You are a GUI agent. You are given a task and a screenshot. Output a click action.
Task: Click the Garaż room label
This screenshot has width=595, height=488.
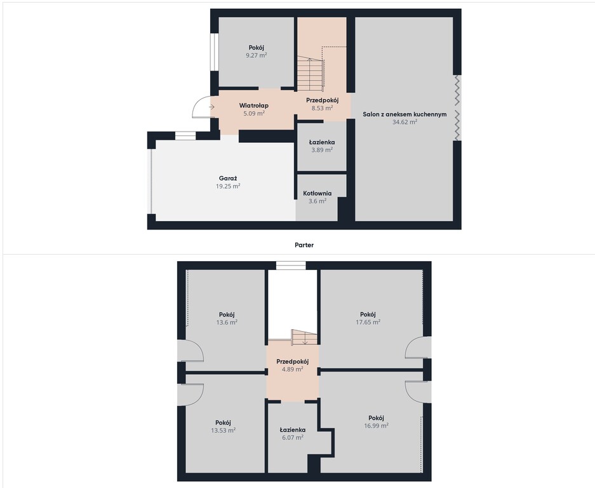(x=229, y=179)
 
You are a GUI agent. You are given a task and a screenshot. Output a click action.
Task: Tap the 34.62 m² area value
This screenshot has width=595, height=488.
(x=404, y=122)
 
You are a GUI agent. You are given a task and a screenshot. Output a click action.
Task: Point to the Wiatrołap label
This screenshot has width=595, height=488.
(x=253, y=105)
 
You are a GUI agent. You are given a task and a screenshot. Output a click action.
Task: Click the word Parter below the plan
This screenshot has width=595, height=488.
(x=304, y=245)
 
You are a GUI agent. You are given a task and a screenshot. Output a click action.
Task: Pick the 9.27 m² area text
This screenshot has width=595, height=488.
(x=257, y=56)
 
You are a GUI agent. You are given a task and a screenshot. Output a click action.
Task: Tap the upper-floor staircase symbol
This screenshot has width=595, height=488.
(x=303, y=337)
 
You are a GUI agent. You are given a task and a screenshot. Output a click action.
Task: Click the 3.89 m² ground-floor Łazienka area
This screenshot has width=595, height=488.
(x=322, y=150)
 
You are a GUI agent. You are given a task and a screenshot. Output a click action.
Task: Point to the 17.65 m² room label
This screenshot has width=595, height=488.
(x=368, y=315)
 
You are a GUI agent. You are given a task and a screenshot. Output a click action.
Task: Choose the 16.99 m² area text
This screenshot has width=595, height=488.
(x=377, y=426)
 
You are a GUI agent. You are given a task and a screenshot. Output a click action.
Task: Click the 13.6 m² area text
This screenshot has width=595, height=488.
(x=227, y=322)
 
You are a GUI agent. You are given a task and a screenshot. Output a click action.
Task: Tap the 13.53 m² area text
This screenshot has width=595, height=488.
(x=223, y=430)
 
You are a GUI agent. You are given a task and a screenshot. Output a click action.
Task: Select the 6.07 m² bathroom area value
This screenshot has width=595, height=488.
(x=293, y=437)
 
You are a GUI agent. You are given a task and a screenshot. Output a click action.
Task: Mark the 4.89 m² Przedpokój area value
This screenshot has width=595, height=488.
(x=293, y=369)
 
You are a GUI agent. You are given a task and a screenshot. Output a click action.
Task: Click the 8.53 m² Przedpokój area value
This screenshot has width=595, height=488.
(x=322, y=108)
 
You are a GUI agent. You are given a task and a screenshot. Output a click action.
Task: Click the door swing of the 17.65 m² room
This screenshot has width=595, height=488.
(x=418, y=347)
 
